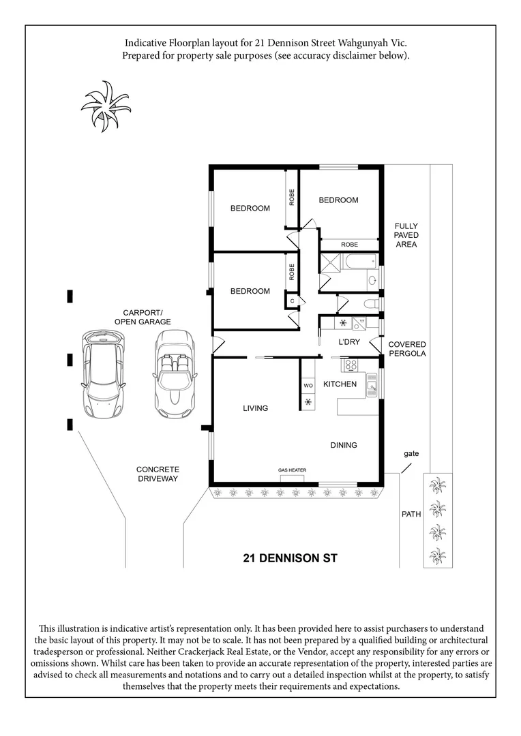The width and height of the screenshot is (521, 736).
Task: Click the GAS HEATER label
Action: (291, 470)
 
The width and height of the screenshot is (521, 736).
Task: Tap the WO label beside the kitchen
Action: (308, 386)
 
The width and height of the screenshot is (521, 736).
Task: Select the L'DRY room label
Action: (348, 342)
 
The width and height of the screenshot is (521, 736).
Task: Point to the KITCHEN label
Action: (340, 384)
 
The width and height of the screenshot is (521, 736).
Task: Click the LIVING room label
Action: (256, 408)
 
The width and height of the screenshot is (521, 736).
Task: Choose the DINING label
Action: (344, 445)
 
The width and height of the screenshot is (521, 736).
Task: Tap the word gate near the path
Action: (411, 453)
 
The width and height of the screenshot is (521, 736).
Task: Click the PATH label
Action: (411, 515)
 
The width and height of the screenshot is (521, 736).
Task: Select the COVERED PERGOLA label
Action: (407, 349)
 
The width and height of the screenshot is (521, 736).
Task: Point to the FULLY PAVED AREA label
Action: (406, 235)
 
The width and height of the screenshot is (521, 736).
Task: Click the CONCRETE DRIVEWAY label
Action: (158, 474)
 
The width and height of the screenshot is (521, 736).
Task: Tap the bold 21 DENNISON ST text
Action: (290, 558)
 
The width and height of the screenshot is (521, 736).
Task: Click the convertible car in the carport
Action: (175, 374)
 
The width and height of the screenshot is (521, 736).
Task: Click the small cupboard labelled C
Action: (292, 300)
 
